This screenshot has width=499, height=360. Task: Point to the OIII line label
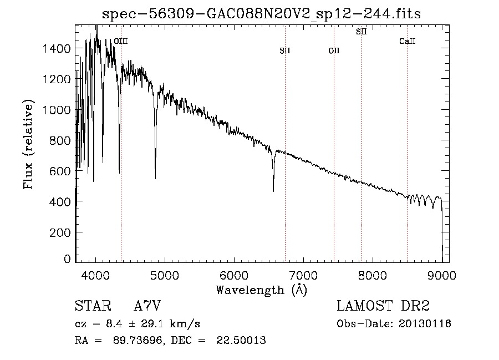pyautogui.click(x=120, y=41)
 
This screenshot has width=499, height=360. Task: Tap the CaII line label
pyautogui.click(x=408, y=41)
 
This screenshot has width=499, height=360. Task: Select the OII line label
pyautogui.click(x=334, y=50)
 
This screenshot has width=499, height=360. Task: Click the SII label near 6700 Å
pyautogui.click(x=285, y=50)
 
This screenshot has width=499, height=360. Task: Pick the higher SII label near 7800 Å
pyautogui.click(x=361, y=32)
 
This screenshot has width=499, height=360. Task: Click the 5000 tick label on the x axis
pyautogui.click(x=165, y=275)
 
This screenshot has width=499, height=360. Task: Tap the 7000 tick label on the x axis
pyautogui.click(x=303, y=275)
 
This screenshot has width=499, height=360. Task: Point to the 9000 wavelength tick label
pyautogui.click(x=442, y=275)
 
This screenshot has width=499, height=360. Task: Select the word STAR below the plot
pyautogui.click(x=92, y=306)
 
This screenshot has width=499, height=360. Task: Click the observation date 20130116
pyautogui.click(x=424, y=324)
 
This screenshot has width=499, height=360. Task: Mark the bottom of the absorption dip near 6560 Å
pyautogui.click(x=273, y=191)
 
